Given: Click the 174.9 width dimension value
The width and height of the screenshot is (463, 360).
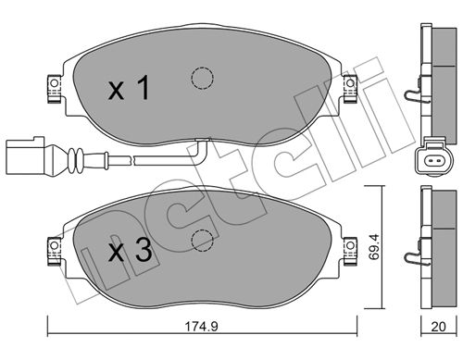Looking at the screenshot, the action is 201,326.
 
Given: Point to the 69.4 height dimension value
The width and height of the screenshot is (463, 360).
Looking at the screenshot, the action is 373,247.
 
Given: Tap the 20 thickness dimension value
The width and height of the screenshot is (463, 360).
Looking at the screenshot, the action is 439,327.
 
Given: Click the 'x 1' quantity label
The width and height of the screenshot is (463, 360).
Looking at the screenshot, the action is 129,88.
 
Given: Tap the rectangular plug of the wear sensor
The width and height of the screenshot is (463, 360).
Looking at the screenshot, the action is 25,156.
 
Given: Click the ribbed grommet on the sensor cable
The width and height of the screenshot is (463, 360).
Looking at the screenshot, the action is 76,160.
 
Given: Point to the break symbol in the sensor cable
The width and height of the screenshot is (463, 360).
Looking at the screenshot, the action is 133,160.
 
